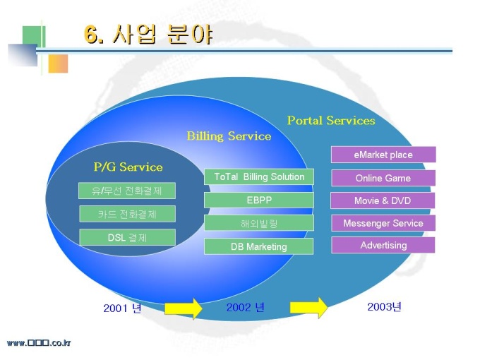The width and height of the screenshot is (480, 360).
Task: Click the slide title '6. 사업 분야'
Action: pyautogui.click(x=148, y=35)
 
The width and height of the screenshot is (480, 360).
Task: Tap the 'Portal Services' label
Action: pyautogui.click(x=331, y=121)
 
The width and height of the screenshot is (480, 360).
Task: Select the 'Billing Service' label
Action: pyautogui.click(x=229, y=136)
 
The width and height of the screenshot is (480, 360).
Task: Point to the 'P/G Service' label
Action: pyautogui.click(x=128, y=167)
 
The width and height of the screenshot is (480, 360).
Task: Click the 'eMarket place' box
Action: pyautogui.click(x=383, y=155)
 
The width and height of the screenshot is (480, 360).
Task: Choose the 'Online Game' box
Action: pyautogui.click(x=383, y=178)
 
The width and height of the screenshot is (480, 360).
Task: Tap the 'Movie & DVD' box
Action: pyautogui.click(x=383, y=200)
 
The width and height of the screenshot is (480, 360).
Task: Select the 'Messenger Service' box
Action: pyautogui.click(x=383, y=223)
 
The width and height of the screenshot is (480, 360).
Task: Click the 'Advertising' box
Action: pyautogui.click(x=383, y=246)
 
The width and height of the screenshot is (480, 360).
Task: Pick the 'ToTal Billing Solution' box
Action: pyautogui.click(x=259, y=176)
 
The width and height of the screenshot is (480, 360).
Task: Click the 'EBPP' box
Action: pyautogui.click(x=259, y=200)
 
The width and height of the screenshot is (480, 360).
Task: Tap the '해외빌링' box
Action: pyautogui.click(x=259, y=223)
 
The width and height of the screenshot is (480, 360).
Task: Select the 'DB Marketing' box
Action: pyautogui.click(x=259, y=246)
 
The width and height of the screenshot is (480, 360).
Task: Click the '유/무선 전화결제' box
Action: pyautogui.click(x=127, y=191)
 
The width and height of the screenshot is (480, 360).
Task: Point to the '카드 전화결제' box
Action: pyautogui.click(x=127, y=214)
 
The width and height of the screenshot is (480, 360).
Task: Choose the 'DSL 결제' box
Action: pyautogui.click(x=127, y=237)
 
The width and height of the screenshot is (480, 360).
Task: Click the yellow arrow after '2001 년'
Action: pyautogui.click(x=184, y=308)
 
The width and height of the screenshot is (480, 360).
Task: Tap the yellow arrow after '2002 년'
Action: pyautogui.click(x=308, y=308)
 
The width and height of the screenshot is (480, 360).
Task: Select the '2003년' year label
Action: pyautogui.click(x=384, y=306)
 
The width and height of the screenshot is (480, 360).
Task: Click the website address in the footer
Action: pyautogui.click(x=39, y=343)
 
